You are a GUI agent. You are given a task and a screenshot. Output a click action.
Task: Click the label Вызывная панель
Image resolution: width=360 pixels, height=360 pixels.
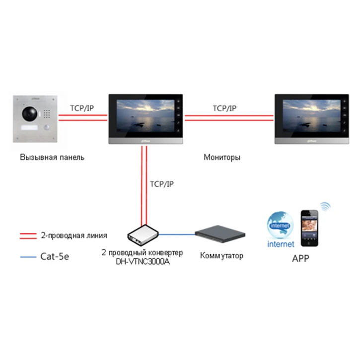click(52, 157)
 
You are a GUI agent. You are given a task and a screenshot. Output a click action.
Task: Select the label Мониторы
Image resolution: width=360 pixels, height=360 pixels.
click(222, 157)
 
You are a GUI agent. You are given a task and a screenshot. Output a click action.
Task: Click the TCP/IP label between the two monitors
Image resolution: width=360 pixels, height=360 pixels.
click(225, 108)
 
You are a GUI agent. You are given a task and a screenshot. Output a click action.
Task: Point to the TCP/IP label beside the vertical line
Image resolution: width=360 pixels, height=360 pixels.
click(162, 184)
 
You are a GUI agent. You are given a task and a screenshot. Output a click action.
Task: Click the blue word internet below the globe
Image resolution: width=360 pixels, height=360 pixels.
click(281, 244)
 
